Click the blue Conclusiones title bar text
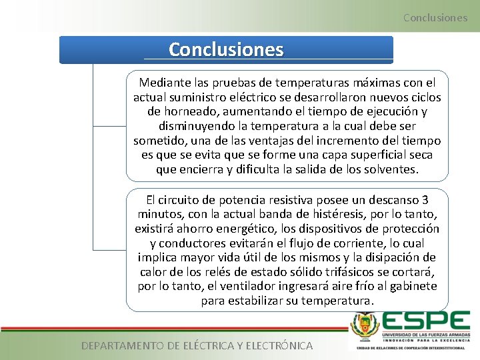coord(226,50)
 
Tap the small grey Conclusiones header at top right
coord(435,17)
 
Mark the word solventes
coord(388,169)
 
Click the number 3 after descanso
coord(425,199)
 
